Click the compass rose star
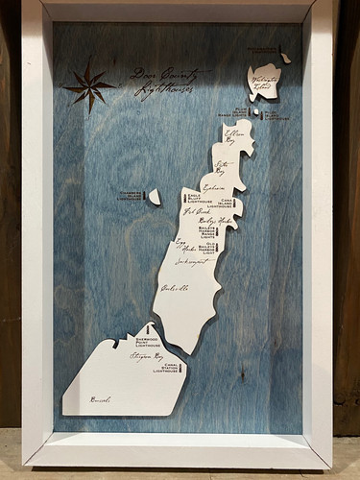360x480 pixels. point(89,87)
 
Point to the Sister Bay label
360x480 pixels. point(226,168)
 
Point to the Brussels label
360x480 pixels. point(100,399)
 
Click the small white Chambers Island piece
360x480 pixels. point(154,197)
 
